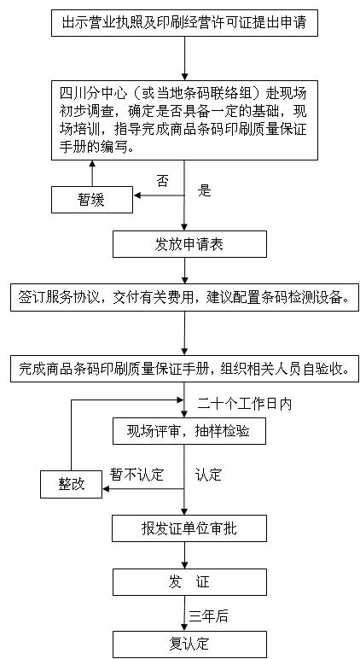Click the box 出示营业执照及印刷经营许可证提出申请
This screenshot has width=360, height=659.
[184, 23]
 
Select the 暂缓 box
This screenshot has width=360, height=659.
[92, 200]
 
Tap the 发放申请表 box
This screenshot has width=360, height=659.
[189, 244]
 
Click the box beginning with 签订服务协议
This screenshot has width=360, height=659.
[184, 298]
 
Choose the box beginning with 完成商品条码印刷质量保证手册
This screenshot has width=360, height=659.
[184, 369]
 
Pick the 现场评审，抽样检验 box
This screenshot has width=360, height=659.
[189, 431]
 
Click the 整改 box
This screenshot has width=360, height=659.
[72, 484]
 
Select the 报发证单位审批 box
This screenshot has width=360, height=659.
[189, 528]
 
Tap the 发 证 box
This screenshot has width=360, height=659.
[189, 582]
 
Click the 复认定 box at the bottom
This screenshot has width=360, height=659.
[189, 644]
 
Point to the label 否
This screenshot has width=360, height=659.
[163, 182]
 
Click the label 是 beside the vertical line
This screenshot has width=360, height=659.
[204, 190]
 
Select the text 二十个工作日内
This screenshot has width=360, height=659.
[245, 404]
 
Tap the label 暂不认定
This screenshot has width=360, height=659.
[136, 474]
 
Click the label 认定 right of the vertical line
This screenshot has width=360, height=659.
[208, 474]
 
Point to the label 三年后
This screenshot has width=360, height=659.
[208, 616]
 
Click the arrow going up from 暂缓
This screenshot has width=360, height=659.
[92, 173]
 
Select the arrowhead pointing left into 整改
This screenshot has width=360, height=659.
[107, 489]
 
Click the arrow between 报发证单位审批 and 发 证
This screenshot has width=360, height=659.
[184, 555]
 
